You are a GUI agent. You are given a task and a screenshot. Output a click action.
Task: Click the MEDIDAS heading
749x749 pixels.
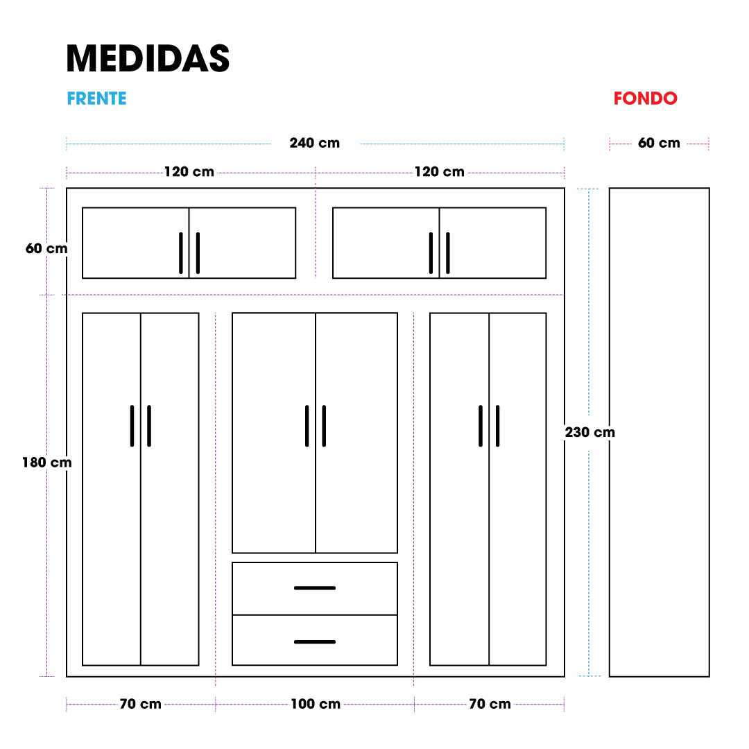pyautogui.click(x=148, y=59)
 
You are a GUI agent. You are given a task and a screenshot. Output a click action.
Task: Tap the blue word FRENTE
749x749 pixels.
pyautogui.click(x=96, y=98)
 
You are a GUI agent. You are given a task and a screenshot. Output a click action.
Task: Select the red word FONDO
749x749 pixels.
pyautogui.click(x=646, y=98)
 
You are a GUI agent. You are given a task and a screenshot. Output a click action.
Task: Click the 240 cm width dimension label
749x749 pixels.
pyautogui.click(x=315, y=143)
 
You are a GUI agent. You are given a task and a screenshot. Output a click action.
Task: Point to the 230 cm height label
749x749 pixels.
pyautogui.click(x=590, y=432)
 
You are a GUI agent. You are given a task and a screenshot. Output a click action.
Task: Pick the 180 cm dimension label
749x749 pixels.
pyautogui.click(x=47, y=463)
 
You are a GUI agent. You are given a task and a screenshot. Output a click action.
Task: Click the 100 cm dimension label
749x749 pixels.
pyautogui.click(x=316, y=704)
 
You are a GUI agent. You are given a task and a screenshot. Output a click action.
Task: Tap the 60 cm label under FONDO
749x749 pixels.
pyautogui.click(x=660, y=143)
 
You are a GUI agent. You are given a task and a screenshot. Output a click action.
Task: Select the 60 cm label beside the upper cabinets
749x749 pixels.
pyautogui.click(x=46, y=248)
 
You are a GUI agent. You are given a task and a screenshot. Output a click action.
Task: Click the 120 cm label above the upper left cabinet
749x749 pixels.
pyautogui.click(x=189, y=171)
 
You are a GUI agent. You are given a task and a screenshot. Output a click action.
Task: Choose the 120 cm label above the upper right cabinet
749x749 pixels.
pyautogui.click(x=440, y=171)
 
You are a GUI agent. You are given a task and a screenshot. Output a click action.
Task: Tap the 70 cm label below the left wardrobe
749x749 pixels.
pyautogui.click(x=140, y=704)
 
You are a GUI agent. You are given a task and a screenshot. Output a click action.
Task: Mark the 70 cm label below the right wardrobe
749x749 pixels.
pyautogui.click(x=490, y=704)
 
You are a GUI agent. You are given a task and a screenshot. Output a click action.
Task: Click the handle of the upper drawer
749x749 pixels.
pyautogui.click(x=315, y=588)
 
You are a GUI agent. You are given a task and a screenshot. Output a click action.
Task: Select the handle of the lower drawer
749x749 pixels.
pyautogui.click(x=315, y=642)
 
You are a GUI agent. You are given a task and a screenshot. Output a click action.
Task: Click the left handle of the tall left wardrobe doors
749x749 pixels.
pyautogui.click(x=132, y=426)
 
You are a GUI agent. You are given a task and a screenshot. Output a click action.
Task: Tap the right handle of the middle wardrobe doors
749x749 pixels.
pyautogui.click(x=325, y=426)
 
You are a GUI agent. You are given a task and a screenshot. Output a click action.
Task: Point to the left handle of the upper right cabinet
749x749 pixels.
pyautogui.click(x=431, y=253)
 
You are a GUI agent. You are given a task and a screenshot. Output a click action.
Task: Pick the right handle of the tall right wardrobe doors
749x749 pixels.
pyautogui.click(x=498, y=426)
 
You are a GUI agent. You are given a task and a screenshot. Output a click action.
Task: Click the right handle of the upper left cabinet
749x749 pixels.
pyautogui.click(x=198, y=253)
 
